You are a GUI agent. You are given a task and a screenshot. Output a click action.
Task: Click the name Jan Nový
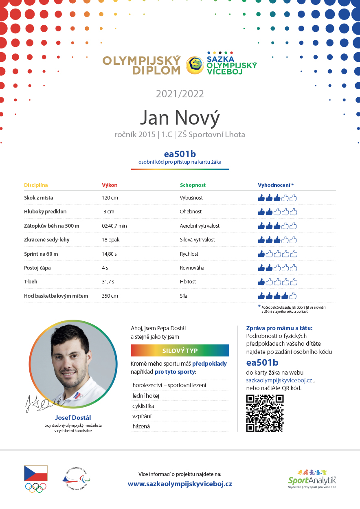pos(180,117)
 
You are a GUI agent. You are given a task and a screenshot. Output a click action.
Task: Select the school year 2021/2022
pos(180,94)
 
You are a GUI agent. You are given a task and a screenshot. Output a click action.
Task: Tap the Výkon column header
pos(110,185)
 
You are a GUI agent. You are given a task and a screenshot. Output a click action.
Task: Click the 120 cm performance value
pos(110,198)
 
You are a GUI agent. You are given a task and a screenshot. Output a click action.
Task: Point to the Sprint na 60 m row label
pos(41,254)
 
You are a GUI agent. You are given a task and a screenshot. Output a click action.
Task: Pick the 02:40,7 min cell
pos(114,226)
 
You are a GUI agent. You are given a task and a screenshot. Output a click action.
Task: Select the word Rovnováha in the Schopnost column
pos(192,268)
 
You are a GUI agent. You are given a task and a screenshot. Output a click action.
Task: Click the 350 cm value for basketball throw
pos(110,296)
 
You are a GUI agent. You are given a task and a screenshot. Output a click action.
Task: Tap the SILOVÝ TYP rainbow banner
pos(180,351)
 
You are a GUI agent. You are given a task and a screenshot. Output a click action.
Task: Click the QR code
pos(265,413)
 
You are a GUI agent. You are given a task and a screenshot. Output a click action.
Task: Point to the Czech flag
pos(36,474)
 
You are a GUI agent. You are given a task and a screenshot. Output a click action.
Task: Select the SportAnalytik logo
pos(312,478)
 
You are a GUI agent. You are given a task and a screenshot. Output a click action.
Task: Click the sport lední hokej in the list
pos(146,396)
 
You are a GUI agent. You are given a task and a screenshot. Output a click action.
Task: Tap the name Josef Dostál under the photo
pos(73,417)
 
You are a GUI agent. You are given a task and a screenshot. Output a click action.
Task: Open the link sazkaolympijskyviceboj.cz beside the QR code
pos(279,380)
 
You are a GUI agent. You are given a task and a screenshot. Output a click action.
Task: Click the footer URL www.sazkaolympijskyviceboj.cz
pos(180,484)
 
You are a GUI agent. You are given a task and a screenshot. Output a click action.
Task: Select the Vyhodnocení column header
pos(275,185)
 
